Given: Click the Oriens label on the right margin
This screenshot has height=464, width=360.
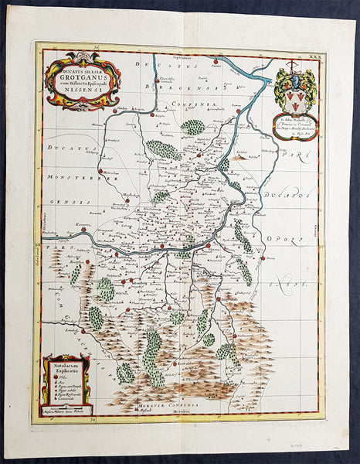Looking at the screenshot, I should click(316, 232).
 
